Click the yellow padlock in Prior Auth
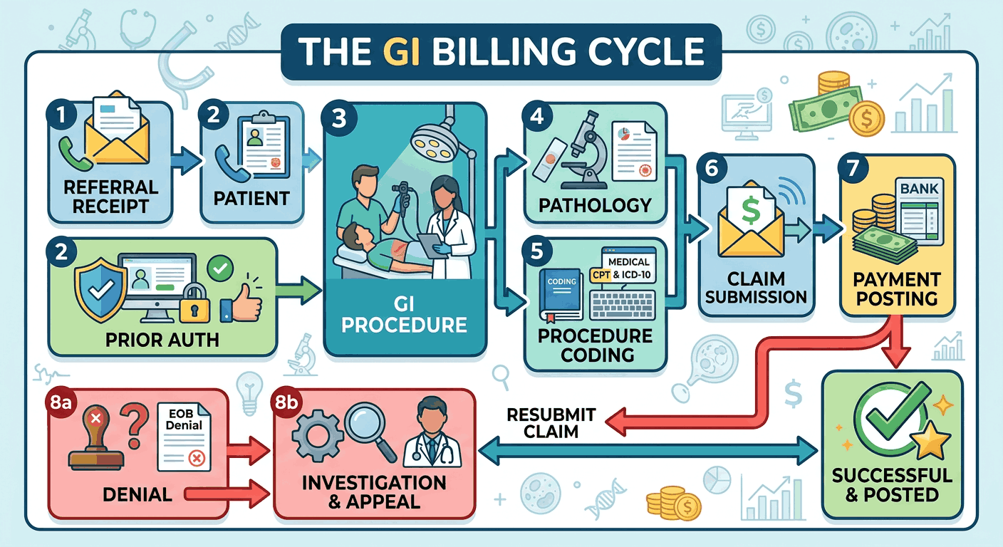(x=194, y=305)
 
